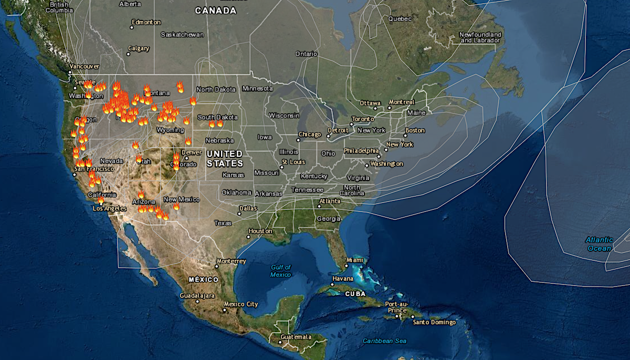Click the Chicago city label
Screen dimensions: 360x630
pos(310,134)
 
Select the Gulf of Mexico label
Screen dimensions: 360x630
pos(280,271)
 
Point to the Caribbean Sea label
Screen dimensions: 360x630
pos(385,341)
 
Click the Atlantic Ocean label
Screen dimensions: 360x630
pos(598,244)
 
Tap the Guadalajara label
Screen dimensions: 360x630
pos(197,295)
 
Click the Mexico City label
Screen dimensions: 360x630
pos(241,304)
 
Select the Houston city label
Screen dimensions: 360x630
pos(260,231)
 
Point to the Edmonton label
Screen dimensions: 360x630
pos(146,22)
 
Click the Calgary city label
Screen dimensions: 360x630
pos(139,48)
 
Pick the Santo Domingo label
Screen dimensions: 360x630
pos(434,322)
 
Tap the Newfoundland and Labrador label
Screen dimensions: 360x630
pos(480,37)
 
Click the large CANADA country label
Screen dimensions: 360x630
pos(216,10)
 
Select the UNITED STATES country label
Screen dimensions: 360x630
pos(225,158)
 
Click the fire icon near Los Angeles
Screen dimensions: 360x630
pos(101,200)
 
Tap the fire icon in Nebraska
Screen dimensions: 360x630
pos(188,141)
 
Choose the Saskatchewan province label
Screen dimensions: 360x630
pos(182,35)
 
